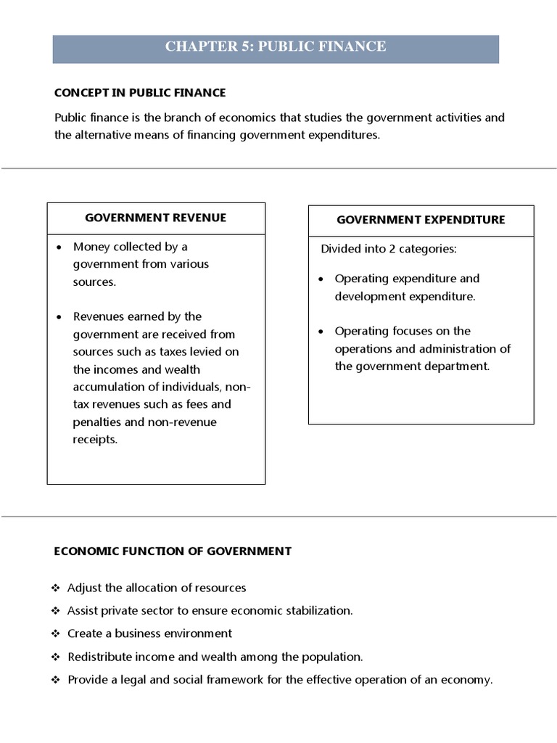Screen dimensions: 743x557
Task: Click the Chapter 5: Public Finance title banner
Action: (x=276, y=47)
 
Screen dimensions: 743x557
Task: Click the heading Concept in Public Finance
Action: (x=140, y=93)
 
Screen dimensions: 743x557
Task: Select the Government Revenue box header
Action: (x=156, y=218)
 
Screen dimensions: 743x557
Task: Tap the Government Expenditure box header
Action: (x=421, y=220)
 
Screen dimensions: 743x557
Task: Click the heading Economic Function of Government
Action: (x=173, y=551)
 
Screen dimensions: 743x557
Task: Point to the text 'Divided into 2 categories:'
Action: (x=389, y=249)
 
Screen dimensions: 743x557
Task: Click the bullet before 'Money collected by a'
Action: (x=59, y=247)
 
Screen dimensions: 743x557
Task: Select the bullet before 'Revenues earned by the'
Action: (x=59, y=317)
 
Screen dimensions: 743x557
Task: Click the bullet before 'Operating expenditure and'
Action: (x=321, y=279)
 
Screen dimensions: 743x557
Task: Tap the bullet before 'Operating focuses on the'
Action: (x=321, y=332)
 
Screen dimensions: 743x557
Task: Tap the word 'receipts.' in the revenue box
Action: (x=95, y=440)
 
